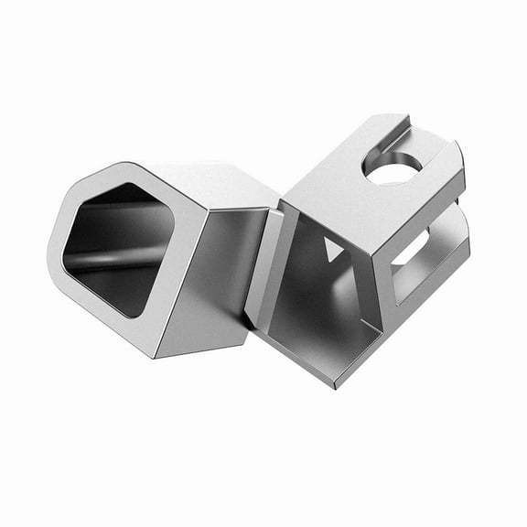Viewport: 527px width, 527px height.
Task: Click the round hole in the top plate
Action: pos(393,167)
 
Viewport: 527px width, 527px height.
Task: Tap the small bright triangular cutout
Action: pos(331,249)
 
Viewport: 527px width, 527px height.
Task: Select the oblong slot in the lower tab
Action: pos(412,250)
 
